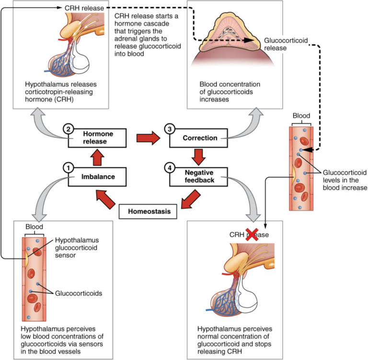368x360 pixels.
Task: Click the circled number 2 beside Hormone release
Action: (69, 129)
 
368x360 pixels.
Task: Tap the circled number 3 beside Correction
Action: (169, 129)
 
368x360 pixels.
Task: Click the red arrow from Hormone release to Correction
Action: (148, 138)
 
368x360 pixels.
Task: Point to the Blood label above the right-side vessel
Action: (302, 115)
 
